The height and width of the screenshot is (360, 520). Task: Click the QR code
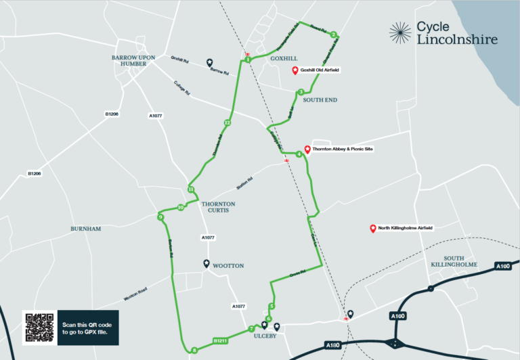[x=39, y=328]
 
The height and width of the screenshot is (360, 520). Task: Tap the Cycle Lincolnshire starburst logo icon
[x=400, y=32]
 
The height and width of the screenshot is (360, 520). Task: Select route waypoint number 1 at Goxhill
[x=248, y=60]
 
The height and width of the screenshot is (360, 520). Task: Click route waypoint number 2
[x=334, y=35]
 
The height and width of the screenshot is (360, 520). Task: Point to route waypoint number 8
[x=194, y=350]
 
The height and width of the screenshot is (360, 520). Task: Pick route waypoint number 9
[x=160, y=217]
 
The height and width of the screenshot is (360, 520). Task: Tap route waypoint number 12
[x=227, y=122]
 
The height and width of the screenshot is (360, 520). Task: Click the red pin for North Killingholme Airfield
[x=373, y=229]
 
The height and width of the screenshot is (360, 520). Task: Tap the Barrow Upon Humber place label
[x=133, y=60]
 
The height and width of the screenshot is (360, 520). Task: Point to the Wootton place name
[x=228, y=266]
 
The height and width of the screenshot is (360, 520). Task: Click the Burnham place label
[x=85, y=229]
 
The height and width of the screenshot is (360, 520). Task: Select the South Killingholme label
[x=460, y=261]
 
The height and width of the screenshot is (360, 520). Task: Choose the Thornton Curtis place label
[x=218, y=207]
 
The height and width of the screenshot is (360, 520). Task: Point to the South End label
[x=320, y=100]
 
